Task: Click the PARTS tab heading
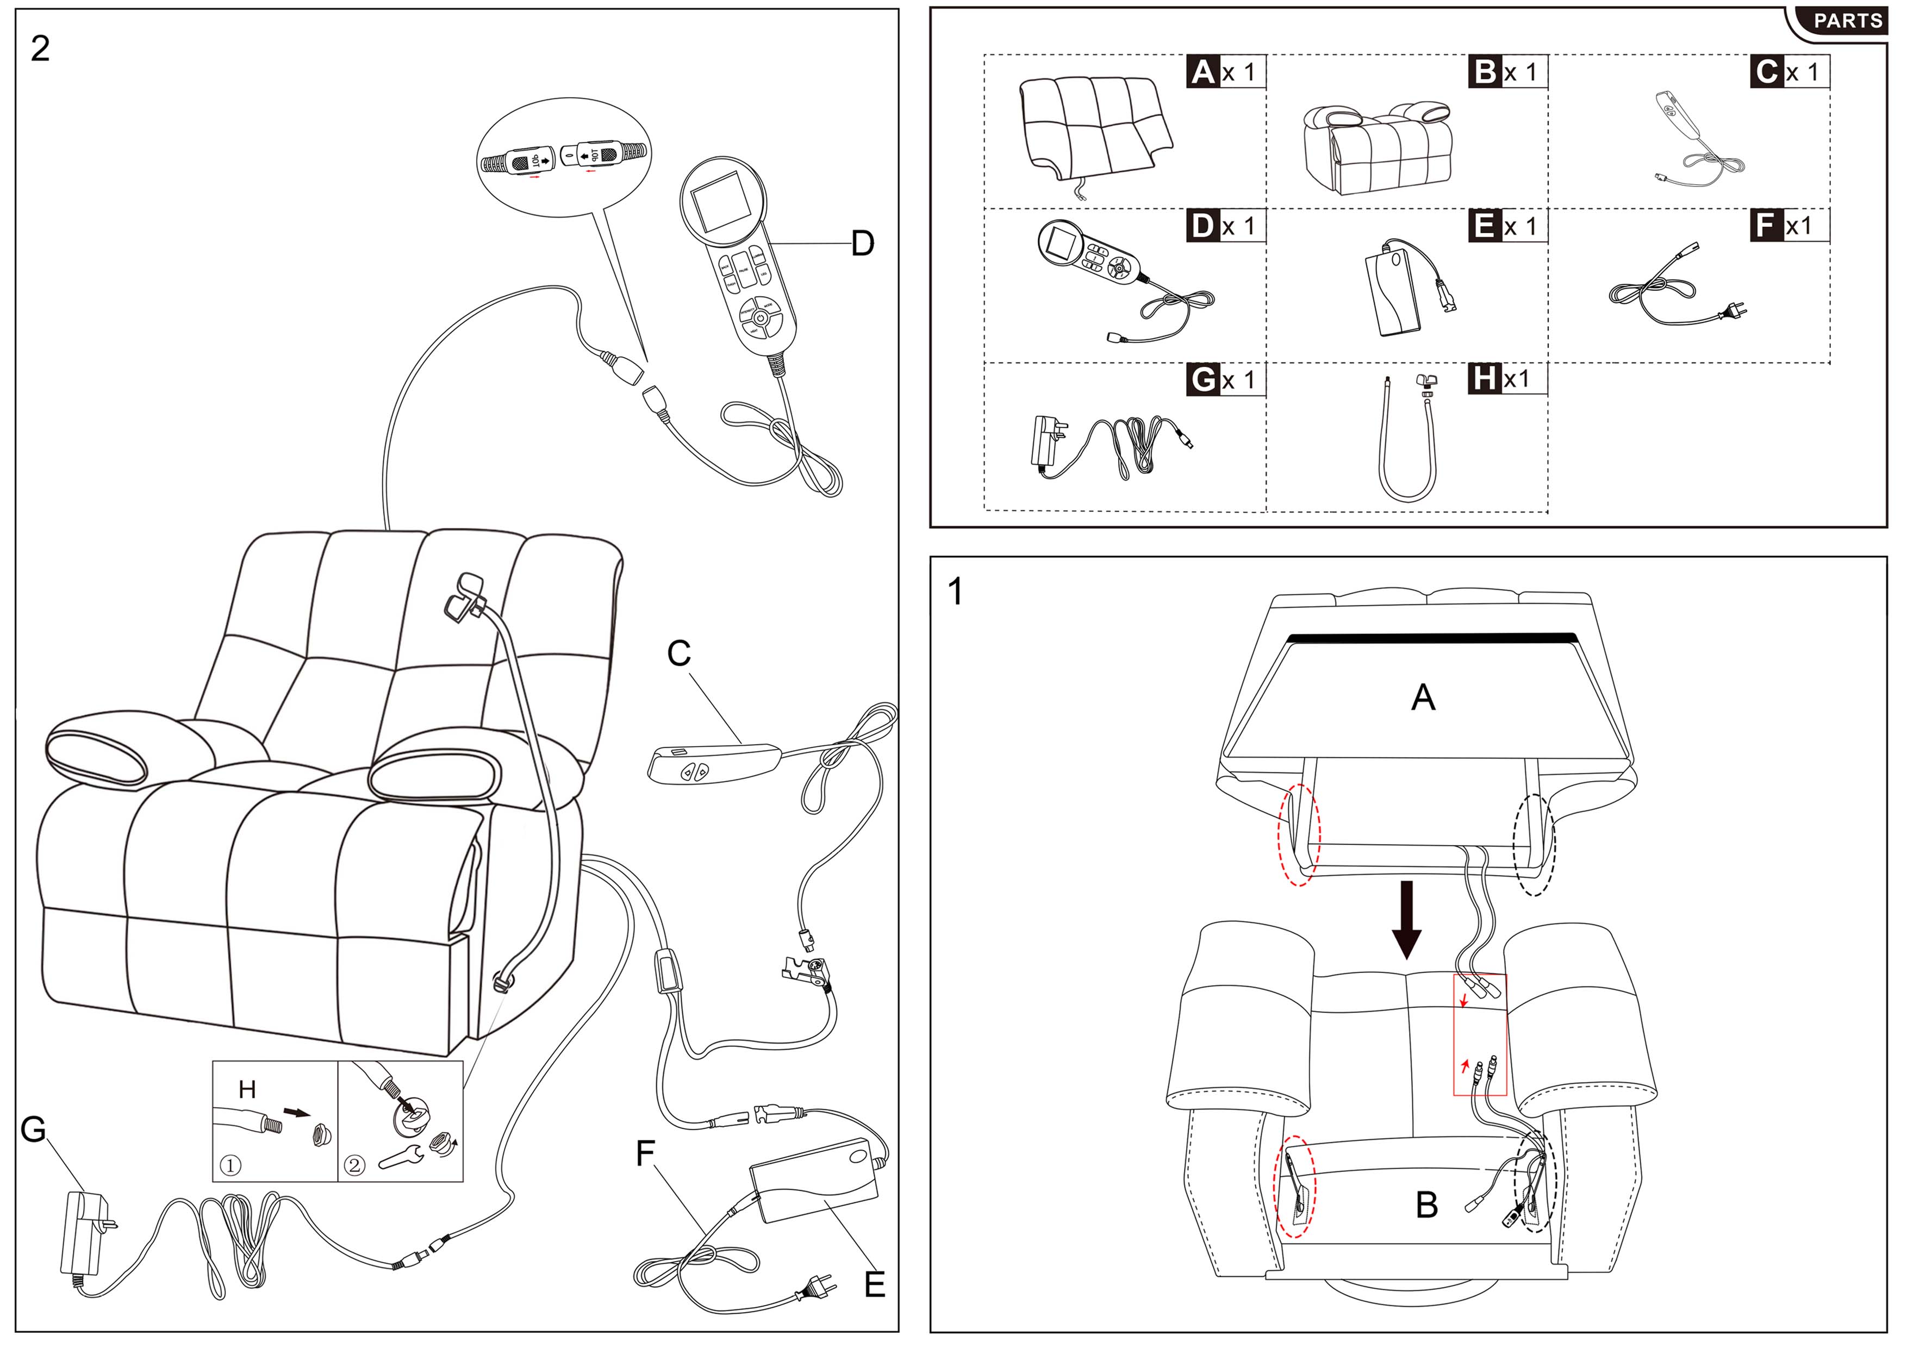pyautogui.click(x=1846, y=21)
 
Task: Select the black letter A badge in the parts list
pyautogui.click(x=1202, y=72)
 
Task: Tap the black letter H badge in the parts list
pyautogui.click(x=1484, y=379)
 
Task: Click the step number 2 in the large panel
pyautogui.click(x=40, y=49)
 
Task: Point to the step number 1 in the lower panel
pyautogui.click(x=955, y=592)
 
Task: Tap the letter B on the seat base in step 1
pyautogui.click(x=1426, y=1205)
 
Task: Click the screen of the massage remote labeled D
pyautogui.click(x=721, y=203)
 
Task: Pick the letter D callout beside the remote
pyautogui.click(x=863, y=244)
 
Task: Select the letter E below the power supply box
pyautogui.click(x=875, y=1285)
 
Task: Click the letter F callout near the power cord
pyautogui.click(x=645, y=1153)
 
